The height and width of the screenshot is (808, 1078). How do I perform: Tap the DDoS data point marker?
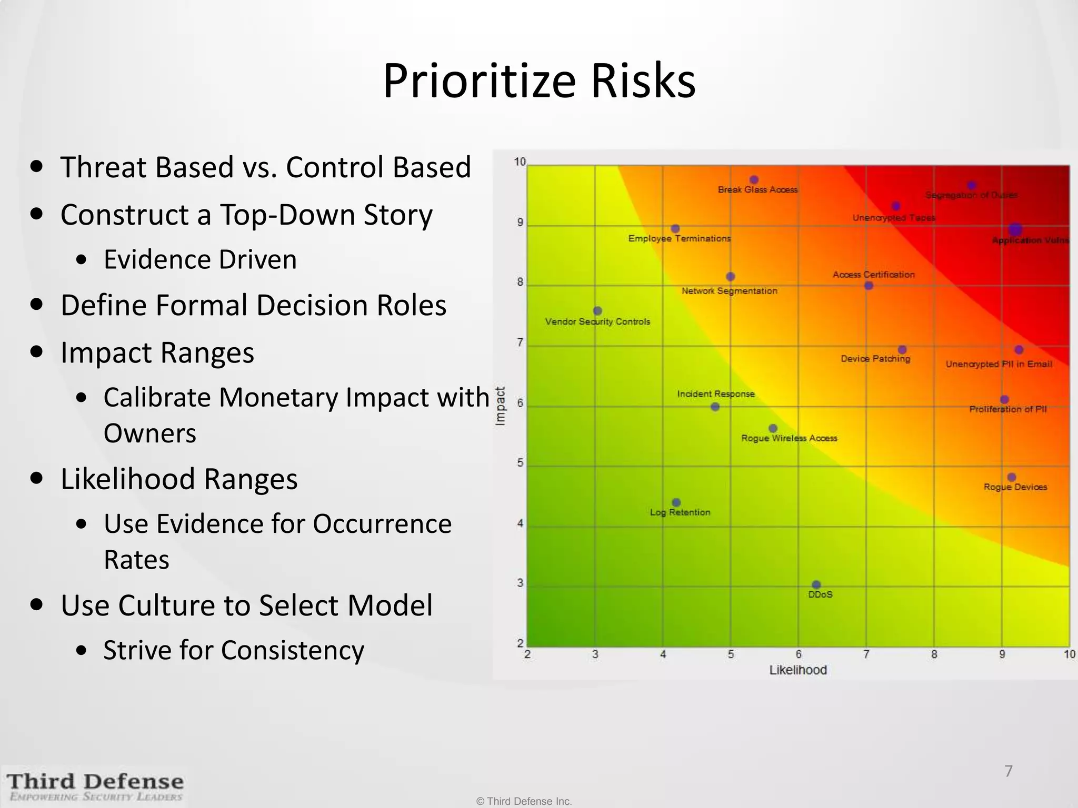pyautogui.click(x=816, y=584)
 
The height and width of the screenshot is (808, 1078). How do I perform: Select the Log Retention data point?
pyautogui.click(x=676, y=502)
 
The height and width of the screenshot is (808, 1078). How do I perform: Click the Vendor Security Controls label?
pyautogui.click(x=597, y=321)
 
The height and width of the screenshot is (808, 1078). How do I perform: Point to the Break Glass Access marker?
pyautogui.click(x=754, y=180)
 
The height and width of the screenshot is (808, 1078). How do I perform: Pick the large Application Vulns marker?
pyautogui.click(x=1015, y=229)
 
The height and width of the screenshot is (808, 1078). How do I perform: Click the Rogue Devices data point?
pyautogui.click(x=1012, y=477)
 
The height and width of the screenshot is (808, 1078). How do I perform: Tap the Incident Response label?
pyautogui.click(x=716, y=393)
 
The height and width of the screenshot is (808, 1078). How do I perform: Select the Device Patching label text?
pyautogui.click(x=875, y=359)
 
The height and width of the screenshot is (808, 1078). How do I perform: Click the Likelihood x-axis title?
pyautogui.click(x=798, y=670)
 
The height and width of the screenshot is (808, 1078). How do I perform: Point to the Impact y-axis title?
pyautogui.click(x=501, y=406)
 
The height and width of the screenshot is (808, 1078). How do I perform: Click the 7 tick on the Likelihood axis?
pyautogui.click(x=866, y=654)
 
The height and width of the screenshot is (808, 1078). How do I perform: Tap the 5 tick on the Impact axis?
pyautogui.click(x=520, y=463)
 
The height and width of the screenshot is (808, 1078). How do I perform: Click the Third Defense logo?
pyautogui.click(x=95, y=786)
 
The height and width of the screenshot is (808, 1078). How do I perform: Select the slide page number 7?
pyautogui.click(x=1008, y=771)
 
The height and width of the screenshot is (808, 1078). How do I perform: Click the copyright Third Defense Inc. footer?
pyautogui.click(x=524, y=801)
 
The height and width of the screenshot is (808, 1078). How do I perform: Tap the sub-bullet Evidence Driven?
pyautogui.click(x=200, y=259)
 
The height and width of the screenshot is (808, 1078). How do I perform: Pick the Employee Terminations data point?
pyautogui.click(x=675, y=229)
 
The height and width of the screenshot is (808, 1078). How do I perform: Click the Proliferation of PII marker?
pyautogui.click(x=1004, y=400)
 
